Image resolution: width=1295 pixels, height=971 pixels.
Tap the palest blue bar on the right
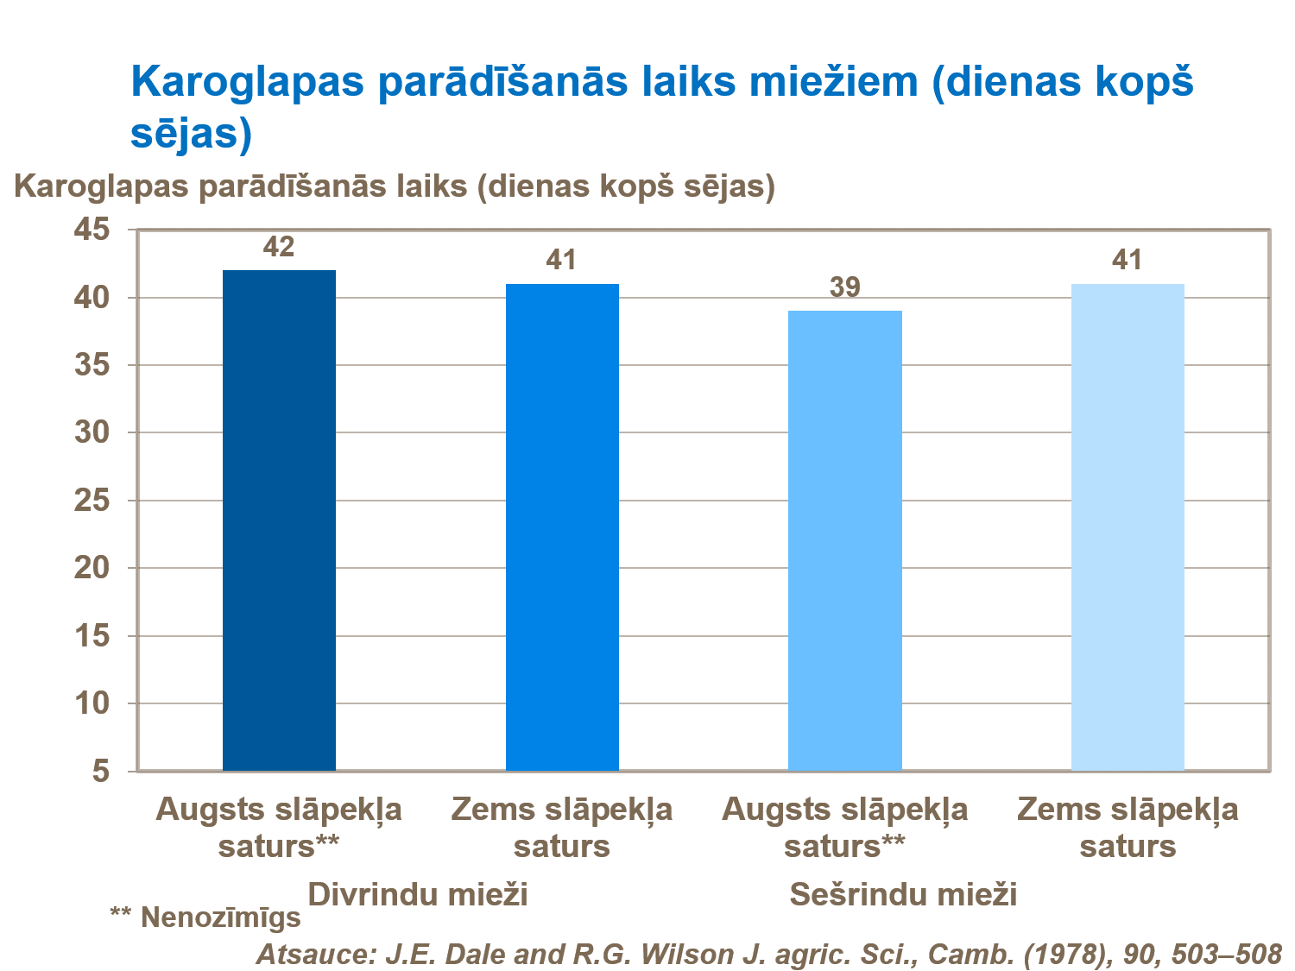point(1128,526)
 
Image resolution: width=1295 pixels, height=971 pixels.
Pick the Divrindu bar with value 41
point(562,526)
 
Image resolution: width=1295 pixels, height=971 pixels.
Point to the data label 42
point(279,248)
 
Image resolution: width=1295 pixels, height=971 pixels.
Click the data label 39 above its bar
point(844,287)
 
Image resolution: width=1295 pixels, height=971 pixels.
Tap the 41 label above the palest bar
point(1128,261)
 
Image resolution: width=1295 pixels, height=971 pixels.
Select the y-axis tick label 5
point(102,771)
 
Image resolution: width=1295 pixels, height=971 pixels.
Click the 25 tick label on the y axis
point(92,501)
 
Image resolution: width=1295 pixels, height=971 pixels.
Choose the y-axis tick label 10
point(92,703)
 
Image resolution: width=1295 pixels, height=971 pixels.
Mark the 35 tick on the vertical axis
point(92,365)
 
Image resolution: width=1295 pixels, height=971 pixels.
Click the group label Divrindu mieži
point(418,894)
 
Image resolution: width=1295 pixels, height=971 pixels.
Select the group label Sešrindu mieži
point(903,894)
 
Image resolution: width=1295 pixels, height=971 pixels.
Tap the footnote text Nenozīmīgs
point(221,917)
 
